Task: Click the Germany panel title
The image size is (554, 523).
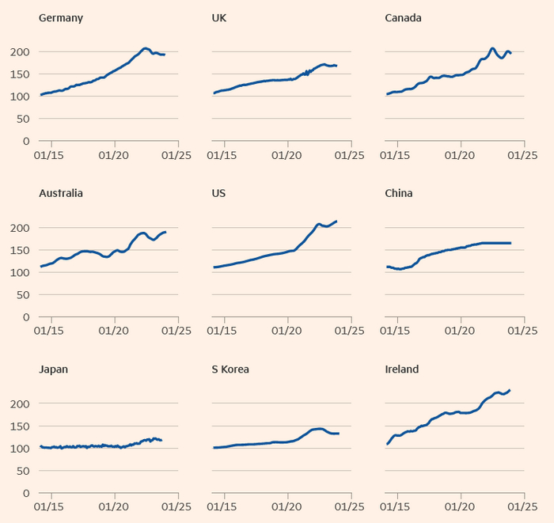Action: point(61,17)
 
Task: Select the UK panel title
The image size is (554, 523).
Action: point(221,17)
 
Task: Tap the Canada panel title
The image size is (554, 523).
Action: point(403,17)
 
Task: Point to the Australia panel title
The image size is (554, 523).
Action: point(61,193)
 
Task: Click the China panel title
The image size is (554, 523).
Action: point(399,193)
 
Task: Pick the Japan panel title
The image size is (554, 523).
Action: point(53,369)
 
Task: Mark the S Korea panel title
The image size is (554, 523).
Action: point(231,369)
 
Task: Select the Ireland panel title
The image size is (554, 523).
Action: point(402,369)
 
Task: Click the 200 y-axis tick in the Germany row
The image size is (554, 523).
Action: point(20,52)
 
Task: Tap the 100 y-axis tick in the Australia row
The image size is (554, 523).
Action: point(20,273)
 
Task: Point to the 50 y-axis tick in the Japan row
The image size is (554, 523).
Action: point(23,471)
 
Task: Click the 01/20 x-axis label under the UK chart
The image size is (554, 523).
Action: point(288,155)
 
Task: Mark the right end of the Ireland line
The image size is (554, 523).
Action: point(510,389)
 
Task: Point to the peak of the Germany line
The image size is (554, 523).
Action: point(145,48)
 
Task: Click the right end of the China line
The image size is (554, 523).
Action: point(510,243)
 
